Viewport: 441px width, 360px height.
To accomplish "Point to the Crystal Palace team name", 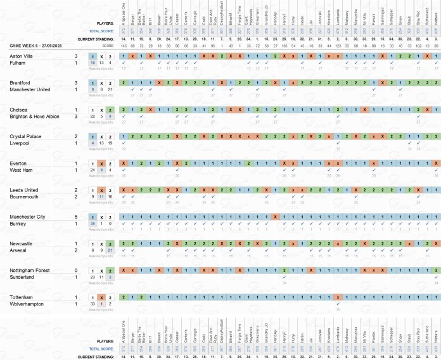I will [23, 136].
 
